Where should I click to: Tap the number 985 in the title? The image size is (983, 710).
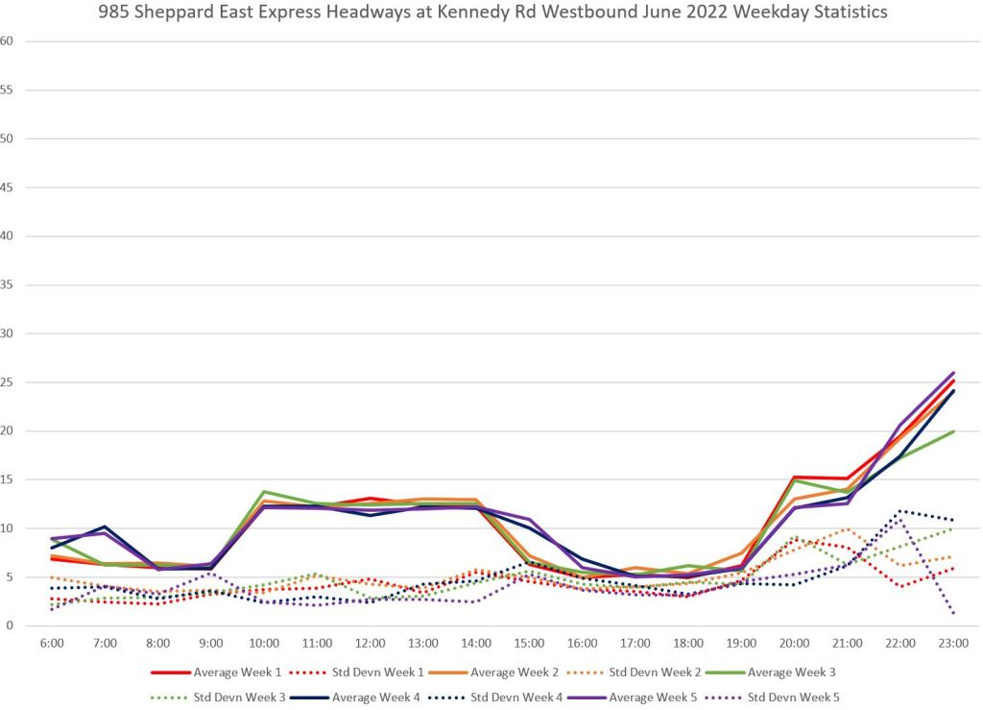(x=112, y=13)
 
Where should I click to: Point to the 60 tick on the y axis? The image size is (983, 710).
(x=8, y=41)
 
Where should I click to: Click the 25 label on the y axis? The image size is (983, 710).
(x=8, y=382)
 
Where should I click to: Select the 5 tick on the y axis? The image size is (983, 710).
(x=10, y=577)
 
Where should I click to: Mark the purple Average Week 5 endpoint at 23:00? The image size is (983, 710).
(x=953, y=373)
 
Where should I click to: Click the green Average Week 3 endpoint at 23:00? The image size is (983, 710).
(x=953, y=431)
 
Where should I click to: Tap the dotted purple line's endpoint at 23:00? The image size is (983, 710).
(x=953, y=613)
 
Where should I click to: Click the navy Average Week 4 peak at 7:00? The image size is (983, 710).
(x=105, y=526)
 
